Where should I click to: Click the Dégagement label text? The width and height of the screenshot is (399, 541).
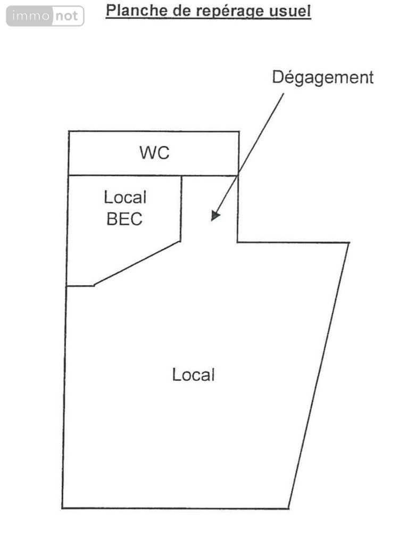tap(322, 77)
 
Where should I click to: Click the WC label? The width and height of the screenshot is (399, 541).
tap(154, 153)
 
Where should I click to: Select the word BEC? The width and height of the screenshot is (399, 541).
tap(124, 218)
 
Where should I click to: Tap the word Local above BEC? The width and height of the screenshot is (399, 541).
tap(125, 198)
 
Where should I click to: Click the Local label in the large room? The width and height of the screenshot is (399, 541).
tap(193, 374)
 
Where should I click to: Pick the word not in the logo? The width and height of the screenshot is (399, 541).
tap(68, 17)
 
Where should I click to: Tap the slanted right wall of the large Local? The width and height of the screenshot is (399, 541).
tap(319, 373)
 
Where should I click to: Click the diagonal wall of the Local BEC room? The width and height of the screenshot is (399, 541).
tap(137, 264)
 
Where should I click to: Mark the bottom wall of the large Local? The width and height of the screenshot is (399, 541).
tap(176, 508)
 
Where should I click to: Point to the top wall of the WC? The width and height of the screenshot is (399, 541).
tap(154, 132)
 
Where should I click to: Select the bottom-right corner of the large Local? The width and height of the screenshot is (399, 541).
tap(288, 508)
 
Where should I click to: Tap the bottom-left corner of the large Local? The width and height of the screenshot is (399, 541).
tap(63, 508)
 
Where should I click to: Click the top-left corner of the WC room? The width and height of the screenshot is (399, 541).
tap(69, 132)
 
